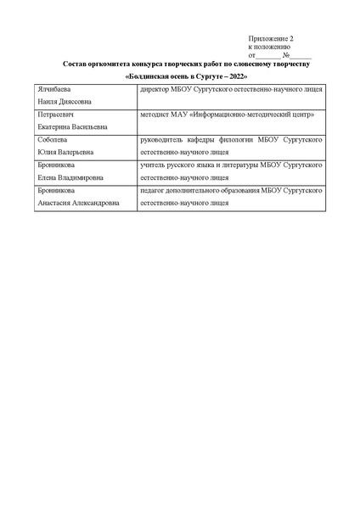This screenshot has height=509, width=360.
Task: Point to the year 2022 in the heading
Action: tap(234, 77)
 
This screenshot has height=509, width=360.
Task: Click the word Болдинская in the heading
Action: tap(151, 77)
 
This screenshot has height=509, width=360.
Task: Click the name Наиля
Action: tap(47, 101)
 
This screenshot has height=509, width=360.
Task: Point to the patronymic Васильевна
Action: tap(87, 126)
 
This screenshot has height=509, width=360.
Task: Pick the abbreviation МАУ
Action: tap(182, 114)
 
